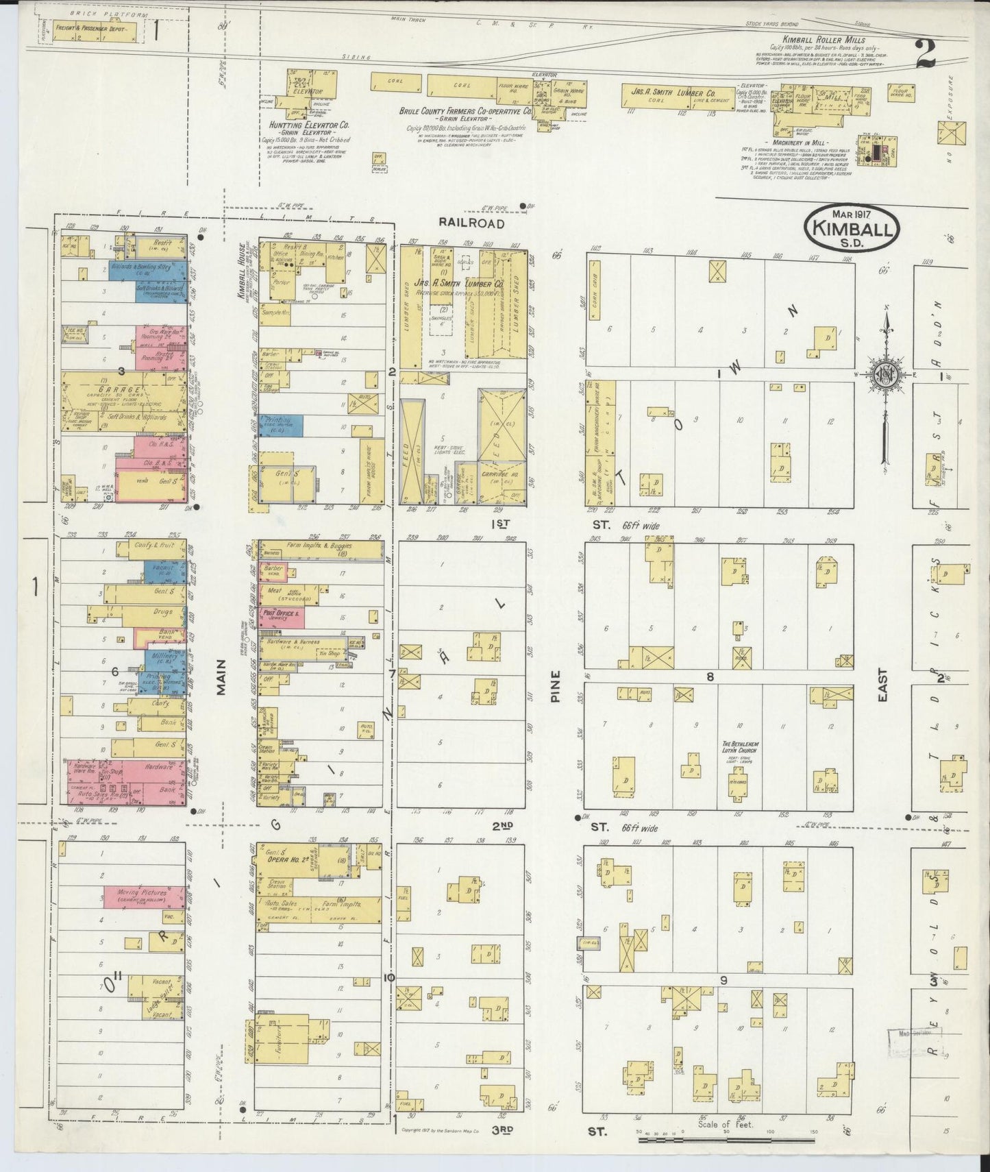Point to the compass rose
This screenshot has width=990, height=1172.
(x=886, y=374)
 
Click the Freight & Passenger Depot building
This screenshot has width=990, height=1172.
(x=94, y=32)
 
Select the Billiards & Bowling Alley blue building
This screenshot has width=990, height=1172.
(x=149, y=269)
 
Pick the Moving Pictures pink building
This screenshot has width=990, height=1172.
(x=144, y=895)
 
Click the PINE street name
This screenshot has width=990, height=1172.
(x=554, y=686)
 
